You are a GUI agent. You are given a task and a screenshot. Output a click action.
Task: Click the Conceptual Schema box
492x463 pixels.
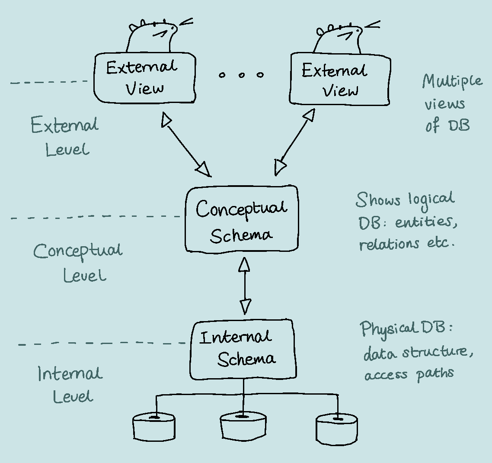pyautogui.click(x=242, y=219)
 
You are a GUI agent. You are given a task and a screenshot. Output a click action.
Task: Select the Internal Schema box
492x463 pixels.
pyautogui.click(x=243, y=349)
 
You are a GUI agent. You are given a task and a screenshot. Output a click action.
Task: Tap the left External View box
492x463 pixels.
pyautogui.click(x=144, y=78)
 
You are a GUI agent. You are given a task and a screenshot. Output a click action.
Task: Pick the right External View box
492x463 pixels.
pyautogui.click(x=340, y=79)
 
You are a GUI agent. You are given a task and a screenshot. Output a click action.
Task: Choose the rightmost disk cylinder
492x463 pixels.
pyautogui.click(x=337, y=428)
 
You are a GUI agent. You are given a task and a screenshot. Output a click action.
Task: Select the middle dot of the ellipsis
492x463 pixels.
pyautogui.click(x=241, y=75)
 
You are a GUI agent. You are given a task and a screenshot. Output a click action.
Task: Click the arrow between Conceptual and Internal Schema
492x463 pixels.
pyautogui.click(x=245, y=286)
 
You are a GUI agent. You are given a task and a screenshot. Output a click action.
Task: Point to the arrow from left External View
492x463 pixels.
pyautogui.click(x=186, y=145)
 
